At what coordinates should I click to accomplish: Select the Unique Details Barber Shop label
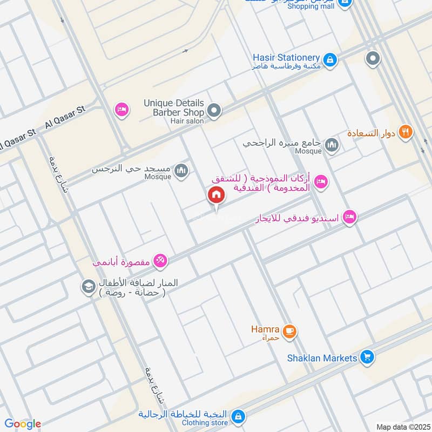(174, 107)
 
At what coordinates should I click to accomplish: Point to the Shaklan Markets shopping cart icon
(367, 357)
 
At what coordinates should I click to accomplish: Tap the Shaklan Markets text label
(322, 358)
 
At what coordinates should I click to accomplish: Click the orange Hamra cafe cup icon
(289, 331)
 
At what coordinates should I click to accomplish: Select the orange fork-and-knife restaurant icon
(406, 132)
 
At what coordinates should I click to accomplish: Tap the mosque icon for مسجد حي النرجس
(181, 171)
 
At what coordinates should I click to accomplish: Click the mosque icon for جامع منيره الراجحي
(332, 145)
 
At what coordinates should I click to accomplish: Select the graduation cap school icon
(87, 287)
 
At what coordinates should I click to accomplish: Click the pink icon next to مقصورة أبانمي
(160, 262)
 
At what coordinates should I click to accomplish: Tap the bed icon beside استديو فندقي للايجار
(349, 217)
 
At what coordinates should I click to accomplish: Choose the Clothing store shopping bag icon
(238, 416)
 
